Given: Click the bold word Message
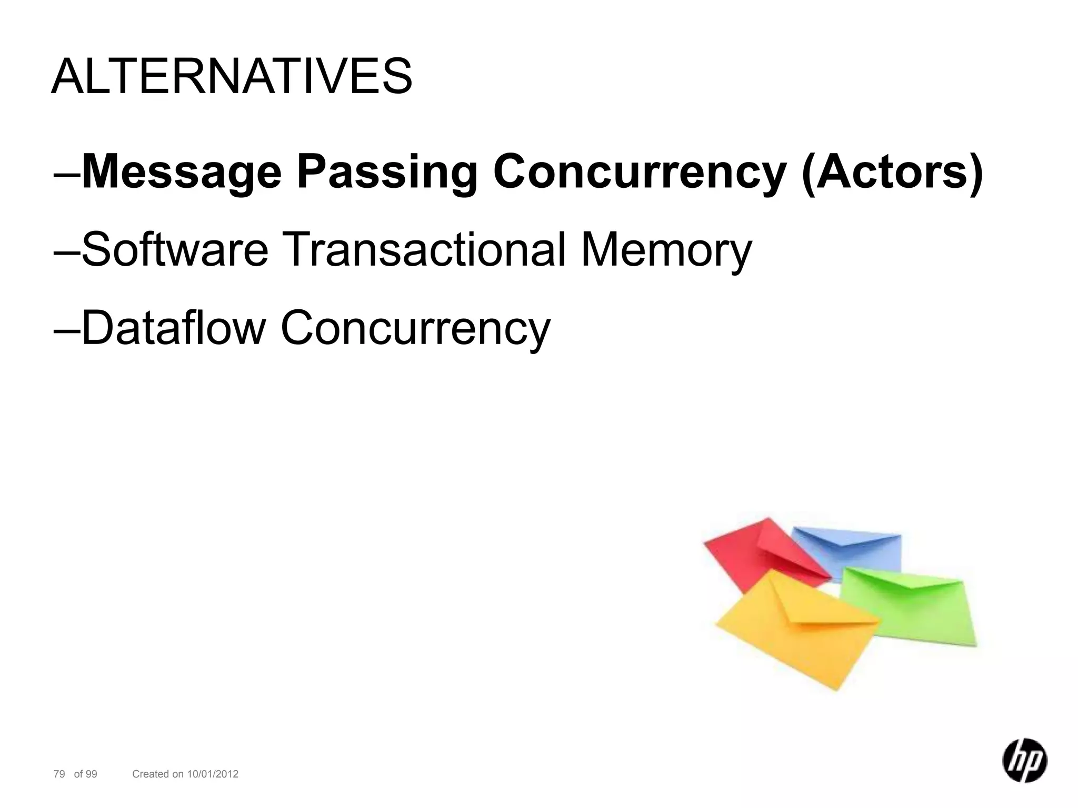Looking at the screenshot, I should tap(182, 173).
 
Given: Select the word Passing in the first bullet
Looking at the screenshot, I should tap(387, 173).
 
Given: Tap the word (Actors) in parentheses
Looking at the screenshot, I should tap(892, 173).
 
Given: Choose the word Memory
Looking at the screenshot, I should tap(665, 250).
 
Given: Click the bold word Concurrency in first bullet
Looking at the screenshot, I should tap(639, 173).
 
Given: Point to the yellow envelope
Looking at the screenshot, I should tap(795, 631).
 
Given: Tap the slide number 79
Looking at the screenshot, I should tap(59, 774).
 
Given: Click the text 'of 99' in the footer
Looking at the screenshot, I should tap(85, 774).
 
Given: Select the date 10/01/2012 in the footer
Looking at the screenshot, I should tap(213, 774).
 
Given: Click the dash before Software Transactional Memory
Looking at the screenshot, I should tap(67, 253).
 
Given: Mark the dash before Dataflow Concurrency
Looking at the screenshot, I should tap(67, 330).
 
